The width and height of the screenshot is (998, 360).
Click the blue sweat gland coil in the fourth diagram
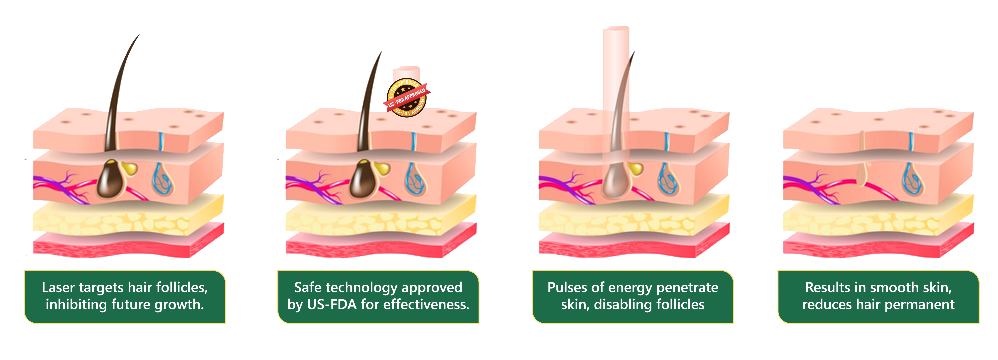pyautogui.click(x=912, y=180)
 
